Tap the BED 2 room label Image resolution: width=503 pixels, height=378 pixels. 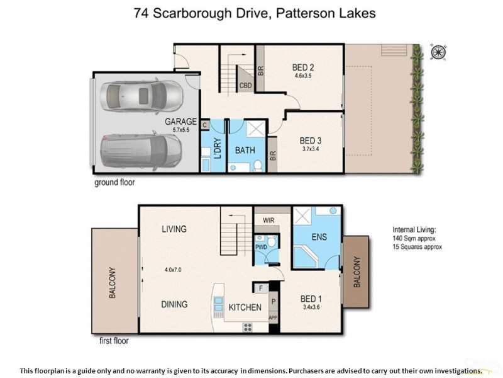[x=303, y=67]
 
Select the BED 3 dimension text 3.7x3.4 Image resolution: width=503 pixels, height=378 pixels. [x=311, y=149]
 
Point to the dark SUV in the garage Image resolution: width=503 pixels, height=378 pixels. [x=141, y=149]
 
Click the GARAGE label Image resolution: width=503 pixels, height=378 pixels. [x=180, y=122]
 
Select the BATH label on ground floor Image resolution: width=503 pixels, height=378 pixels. [x=245, y=151]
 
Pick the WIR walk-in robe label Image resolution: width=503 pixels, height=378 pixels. [x=267, y=220]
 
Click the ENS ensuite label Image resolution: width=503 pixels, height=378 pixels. [x=316, y=238]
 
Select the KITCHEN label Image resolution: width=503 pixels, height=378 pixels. [x=245, y=307]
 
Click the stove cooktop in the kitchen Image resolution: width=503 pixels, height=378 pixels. [x=247, y=326]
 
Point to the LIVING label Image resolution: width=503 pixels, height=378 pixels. [x=174, y=229]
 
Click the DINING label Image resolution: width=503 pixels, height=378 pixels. [x=174, y=304]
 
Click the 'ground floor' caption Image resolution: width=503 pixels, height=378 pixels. [x=114, y=183]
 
